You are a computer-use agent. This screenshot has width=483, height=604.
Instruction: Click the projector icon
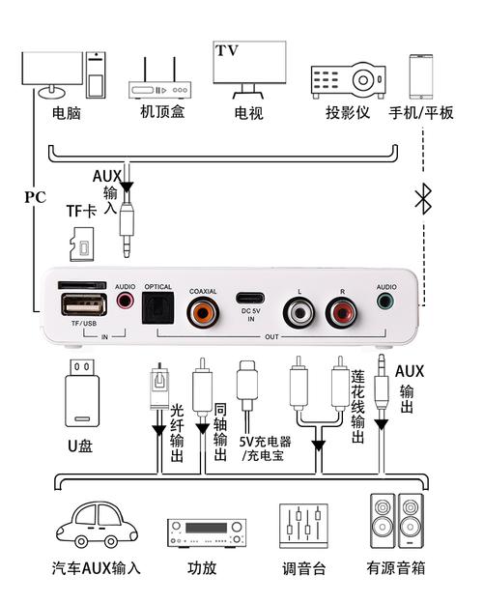[348, 79]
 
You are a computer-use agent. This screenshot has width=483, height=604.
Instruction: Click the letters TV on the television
[227, 50]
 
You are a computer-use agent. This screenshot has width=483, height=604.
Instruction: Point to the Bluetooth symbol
[422, 199]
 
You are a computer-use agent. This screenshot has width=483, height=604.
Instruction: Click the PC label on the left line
[35, 197]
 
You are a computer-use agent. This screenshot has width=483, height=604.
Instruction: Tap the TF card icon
[81, 243]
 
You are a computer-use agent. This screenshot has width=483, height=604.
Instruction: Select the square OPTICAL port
[157, 310]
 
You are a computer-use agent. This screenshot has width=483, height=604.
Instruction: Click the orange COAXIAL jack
[203, 311]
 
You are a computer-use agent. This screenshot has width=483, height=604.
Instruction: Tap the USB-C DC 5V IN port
[250, 297]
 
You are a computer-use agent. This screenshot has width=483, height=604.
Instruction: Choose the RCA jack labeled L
[298, 312]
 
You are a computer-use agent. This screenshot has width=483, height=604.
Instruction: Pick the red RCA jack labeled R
[341, 312]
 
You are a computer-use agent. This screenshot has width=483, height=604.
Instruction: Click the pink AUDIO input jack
[125, 301]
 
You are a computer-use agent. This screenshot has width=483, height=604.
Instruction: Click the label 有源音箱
[397, 568]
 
